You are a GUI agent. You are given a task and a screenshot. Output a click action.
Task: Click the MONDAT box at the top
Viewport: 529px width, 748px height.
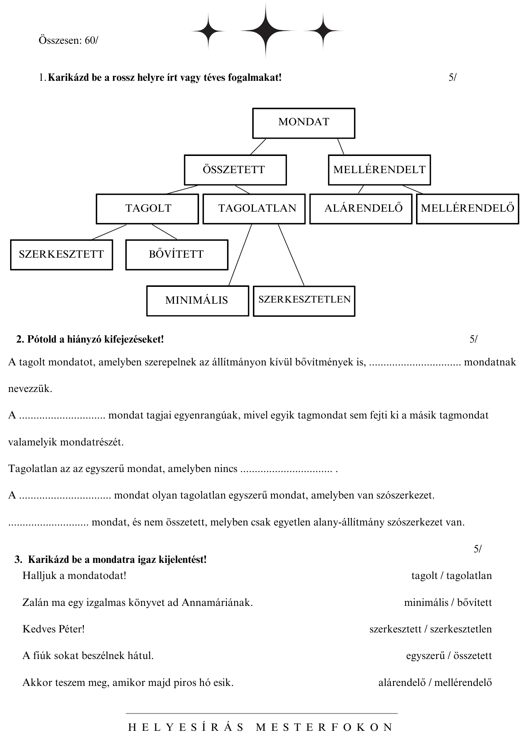303,123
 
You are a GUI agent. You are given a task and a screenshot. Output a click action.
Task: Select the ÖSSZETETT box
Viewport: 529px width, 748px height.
235,170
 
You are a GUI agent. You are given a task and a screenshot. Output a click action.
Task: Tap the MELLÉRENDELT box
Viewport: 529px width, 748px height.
379,170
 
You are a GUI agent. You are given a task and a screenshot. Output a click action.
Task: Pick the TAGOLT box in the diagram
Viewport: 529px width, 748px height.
147,209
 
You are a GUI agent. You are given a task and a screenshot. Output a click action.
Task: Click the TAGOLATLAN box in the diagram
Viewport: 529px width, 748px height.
254,209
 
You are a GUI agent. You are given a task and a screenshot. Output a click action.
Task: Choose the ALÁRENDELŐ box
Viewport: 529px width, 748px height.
361,209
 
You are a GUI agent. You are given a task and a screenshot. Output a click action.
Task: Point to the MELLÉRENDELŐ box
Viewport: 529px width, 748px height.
467,209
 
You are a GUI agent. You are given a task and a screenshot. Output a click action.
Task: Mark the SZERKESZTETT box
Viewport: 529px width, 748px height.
61,255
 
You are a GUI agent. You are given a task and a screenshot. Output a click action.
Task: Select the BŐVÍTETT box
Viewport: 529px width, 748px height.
177,255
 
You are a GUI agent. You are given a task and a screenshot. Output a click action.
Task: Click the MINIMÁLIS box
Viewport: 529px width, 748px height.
197,301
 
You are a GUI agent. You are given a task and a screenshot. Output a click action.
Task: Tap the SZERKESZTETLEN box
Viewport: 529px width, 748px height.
304,301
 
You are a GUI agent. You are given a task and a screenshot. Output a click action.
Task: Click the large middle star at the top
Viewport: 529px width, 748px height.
265,31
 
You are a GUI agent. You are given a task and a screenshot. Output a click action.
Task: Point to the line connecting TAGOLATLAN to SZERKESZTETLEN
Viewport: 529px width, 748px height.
291,255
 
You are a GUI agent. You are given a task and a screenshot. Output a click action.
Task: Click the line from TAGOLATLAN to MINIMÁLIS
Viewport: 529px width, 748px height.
240,255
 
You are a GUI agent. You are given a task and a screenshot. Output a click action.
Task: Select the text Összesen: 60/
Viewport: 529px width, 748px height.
68,40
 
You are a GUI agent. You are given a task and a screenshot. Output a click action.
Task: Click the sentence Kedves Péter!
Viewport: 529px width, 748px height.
53,629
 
